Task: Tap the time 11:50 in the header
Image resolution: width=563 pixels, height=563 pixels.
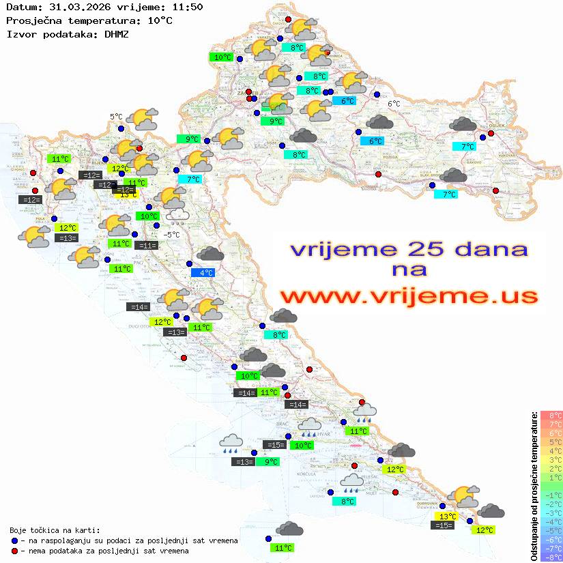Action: tap(188, 7)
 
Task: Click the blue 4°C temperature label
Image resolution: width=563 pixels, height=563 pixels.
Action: tap(205, 272)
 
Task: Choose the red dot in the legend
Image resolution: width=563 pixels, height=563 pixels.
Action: tap(14, 551)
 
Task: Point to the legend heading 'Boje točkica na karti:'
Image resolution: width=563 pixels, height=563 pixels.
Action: tap(55, 530)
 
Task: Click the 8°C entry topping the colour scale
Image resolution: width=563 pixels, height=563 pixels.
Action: tap(551, 415)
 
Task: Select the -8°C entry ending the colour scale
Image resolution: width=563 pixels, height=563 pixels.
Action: tap(551, 557)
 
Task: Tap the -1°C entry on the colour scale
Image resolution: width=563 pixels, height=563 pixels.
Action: tap(551, 495)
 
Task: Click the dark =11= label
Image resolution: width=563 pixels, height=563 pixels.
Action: tap(145, 246)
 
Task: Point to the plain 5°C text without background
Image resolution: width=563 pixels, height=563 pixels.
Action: tap(116, 117)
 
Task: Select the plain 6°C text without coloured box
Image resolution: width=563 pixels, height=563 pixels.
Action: tap(394, 104)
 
